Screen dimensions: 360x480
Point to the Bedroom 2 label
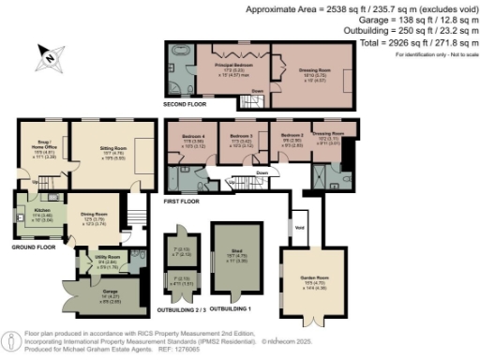[x=292, y=136]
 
